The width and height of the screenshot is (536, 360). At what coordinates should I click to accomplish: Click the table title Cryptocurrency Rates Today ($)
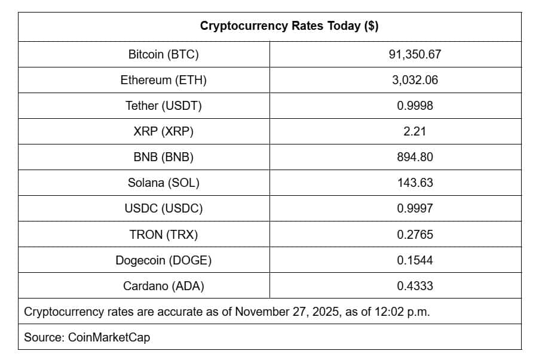click(x=289, y=26)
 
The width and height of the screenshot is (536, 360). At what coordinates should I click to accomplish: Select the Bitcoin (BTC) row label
click(x=163, y=54)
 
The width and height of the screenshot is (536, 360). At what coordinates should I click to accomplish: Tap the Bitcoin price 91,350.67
click(x=414, y=54)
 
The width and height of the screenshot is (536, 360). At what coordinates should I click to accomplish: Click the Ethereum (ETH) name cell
click(x=163, y=80)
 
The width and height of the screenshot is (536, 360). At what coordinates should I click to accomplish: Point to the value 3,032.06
click(x=414, y=80)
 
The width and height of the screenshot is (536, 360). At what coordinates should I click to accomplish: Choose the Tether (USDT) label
click(x=163, y=106)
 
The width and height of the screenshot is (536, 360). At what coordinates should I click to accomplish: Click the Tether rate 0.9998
click(x=414, y=106)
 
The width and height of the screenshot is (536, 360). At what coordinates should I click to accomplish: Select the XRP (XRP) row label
click(x=163, y=131)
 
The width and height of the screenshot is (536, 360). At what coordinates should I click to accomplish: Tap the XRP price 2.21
click(x=414, y=131)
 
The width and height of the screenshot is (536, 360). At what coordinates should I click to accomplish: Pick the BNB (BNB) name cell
click(x=163, y=157)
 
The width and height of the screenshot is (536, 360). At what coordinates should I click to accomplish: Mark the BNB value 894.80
click(x=414, y=157)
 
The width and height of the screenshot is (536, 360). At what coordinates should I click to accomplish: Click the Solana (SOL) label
click(x=163, y=183)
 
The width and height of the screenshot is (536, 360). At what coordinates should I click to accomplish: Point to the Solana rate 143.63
click(x=414, y=183)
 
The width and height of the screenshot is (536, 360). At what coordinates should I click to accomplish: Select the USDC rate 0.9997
click(x=414, y=208)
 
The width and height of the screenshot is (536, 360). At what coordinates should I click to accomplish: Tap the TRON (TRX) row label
click(x=163, y=235)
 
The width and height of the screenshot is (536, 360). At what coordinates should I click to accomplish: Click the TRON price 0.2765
click(x=414, y=235)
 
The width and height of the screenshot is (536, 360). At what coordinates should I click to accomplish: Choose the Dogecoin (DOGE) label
click(x=163, y=260)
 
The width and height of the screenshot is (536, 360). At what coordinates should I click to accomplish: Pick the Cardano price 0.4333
click(x=414, y=286)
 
